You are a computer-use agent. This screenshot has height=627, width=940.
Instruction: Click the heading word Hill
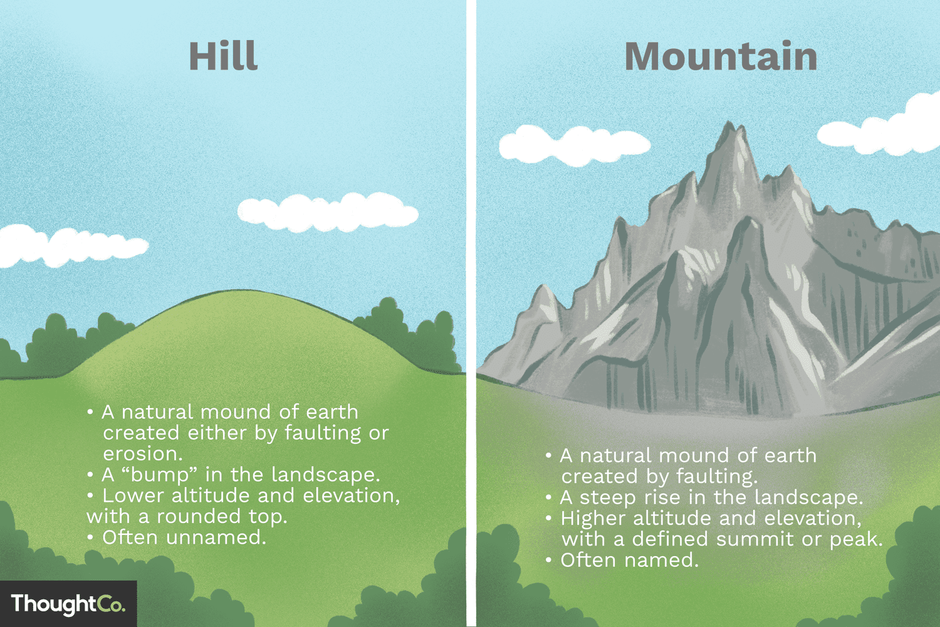223,56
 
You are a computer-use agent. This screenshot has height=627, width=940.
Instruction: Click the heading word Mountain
721,56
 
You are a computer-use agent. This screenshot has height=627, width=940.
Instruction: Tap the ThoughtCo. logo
68,604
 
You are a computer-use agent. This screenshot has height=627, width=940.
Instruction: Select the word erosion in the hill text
142,453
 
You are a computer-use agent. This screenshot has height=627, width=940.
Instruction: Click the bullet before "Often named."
548,560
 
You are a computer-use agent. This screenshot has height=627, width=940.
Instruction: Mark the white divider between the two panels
471,313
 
